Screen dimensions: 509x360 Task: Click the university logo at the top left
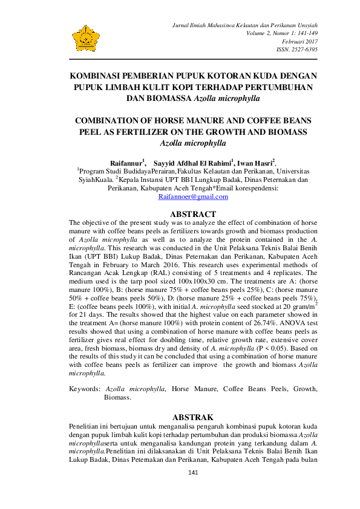87,38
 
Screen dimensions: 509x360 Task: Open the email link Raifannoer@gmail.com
193,197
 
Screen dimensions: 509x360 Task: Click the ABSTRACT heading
193,214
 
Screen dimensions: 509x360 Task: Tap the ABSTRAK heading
193,417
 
